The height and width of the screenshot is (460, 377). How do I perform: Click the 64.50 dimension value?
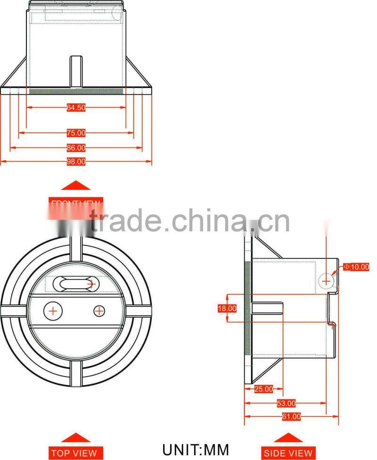(x=76, y=107)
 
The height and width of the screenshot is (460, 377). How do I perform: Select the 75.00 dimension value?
(x=76, y=133)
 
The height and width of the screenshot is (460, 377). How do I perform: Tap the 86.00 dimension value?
(x=76, y=148)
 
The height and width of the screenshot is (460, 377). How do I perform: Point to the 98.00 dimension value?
(x=76, y=162)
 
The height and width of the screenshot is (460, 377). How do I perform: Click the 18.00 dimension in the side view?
(x=227, y=308)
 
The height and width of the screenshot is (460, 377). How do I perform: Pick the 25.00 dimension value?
(x=263, y=389)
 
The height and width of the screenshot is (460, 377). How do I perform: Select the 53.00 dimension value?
(x=286, y=403)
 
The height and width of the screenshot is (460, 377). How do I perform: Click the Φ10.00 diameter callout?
(x=356, y=267)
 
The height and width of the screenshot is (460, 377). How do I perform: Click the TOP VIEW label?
(x=74, y=453)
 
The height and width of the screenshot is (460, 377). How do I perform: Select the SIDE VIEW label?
(x=288, y=453)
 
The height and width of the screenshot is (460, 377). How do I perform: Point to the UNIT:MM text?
(x=196, y=449)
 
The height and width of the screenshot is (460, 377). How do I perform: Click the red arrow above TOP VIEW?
(x=75, y=437)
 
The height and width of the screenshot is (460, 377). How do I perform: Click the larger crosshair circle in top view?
(x=53, y=311)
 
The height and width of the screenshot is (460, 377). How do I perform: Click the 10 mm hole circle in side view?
(x=326, y=281)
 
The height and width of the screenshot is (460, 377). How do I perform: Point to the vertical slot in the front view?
(x=76, y=71)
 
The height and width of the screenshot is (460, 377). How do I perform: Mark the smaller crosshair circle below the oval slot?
(x=99, y=311)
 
